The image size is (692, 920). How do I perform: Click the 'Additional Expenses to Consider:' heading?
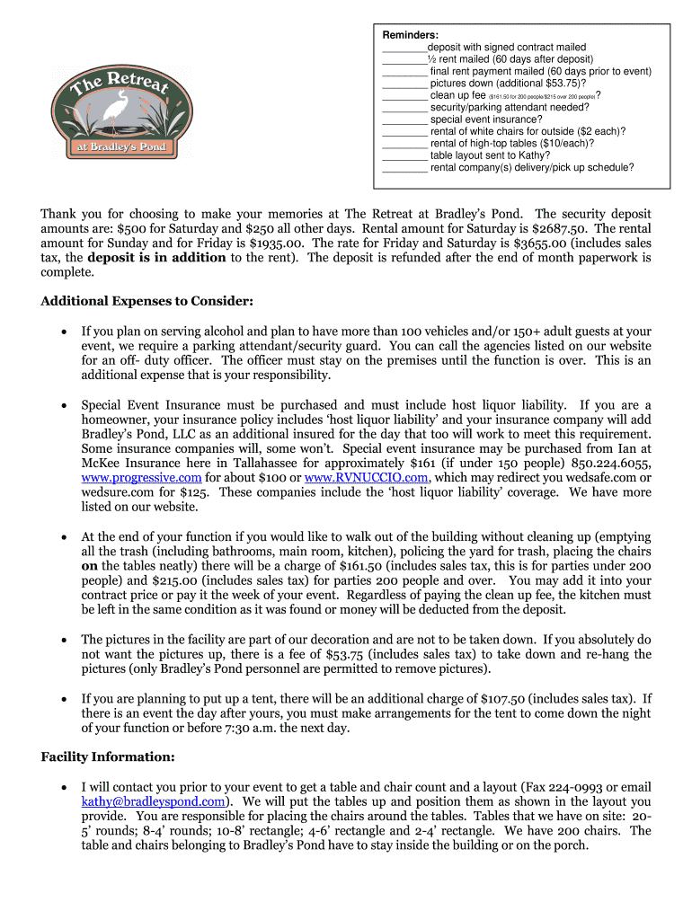(x=146, y=301)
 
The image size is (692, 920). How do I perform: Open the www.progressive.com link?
(x=141, y=477)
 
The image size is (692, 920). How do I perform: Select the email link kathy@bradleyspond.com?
(x=153, y=801)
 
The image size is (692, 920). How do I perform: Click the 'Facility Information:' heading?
(x=107, y=756)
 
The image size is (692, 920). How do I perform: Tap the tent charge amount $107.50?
(x=486, y=698)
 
